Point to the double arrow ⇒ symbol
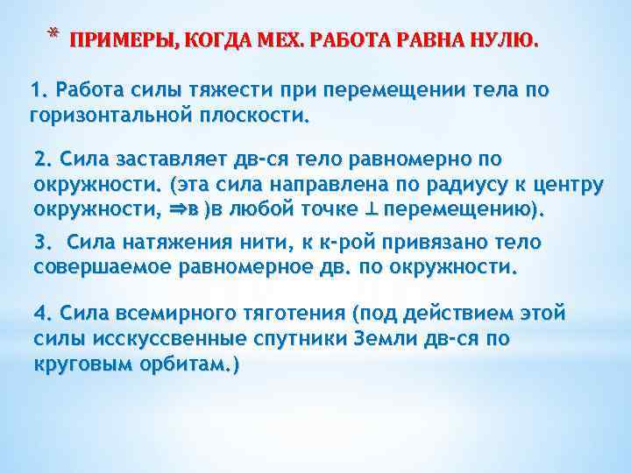click(x=174, y=210)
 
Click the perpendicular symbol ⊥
click(x=372, y=210)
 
